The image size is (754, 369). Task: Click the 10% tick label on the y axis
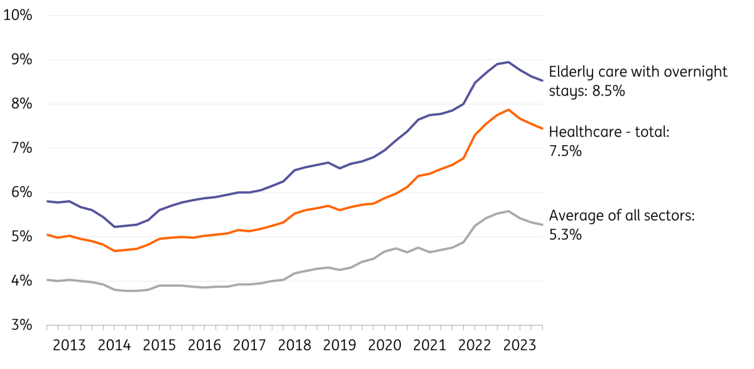(x=18, y=15)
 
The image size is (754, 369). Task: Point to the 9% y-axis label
(x=21, y=60)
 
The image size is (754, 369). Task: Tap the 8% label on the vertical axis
(x=21, y=104)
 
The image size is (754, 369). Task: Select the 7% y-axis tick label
(x=21, y=148)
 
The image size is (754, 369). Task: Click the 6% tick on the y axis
(x=21, y=193)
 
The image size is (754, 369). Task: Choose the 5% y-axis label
(x=21, y=237)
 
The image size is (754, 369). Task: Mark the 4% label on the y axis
(x=21, y=282)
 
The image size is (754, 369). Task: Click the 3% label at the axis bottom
(x=21, y=326)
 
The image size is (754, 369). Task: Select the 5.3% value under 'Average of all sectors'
(x=565, y=235)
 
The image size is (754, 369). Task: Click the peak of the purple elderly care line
(x=508, y=62)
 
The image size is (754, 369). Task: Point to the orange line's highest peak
(x=508, y=109)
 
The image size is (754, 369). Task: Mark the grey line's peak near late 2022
(x=508, y=211)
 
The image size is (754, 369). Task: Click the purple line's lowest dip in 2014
(x=114, y=227)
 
